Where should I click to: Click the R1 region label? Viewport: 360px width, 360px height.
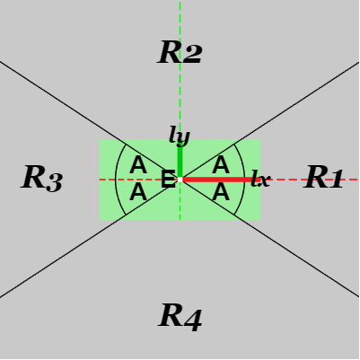[x=323, y=178]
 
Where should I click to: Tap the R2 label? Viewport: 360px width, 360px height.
[x=180, y=52]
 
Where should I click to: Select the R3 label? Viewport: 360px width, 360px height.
[x=42, y=178]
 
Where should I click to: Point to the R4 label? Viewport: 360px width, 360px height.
[x=180, y=317]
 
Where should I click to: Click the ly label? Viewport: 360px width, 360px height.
[x=180, y=136]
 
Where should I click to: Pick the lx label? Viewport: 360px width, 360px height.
[x=260, y=179]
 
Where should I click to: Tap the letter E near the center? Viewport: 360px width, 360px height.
[x=168, y=179]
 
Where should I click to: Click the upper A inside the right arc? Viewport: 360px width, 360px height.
[x=221, y=165]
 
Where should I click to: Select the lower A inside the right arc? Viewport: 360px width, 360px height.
[x=221, y=192]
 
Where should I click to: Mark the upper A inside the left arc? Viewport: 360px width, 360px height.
[x=138, y=165]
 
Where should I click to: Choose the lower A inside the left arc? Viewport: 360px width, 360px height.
[x=138, y=192]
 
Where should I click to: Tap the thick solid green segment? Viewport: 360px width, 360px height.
[x=180, y=162]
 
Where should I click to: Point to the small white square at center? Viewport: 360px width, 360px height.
[x=180, y=180]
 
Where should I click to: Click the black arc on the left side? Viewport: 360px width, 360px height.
[x=116, y=180]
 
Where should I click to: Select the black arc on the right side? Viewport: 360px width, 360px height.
[x=244, y=180]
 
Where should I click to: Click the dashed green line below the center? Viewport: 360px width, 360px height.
[x=180, y=200]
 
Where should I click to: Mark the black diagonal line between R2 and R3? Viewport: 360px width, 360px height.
[x=90, y=120]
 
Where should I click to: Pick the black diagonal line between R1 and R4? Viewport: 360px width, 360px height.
[x=269, y=239]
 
